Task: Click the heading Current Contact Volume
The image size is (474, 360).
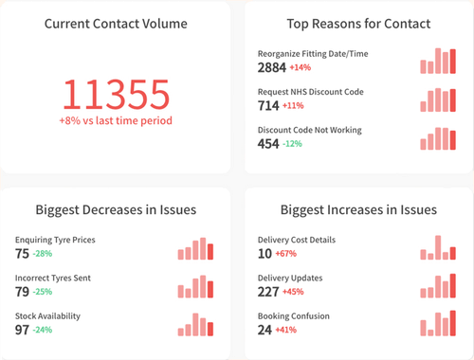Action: click(116, 23)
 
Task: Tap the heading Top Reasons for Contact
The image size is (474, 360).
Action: click(358, 23)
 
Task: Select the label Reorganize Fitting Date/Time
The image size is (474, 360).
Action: click(312, 54)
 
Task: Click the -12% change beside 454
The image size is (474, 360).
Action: click(292, 144)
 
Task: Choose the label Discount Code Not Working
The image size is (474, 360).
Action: click(310, 130)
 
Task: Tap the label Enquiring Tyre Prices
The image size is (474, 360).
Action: click(55, 240)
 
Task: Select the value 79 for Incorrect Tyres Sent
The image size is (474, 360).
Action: click(23, 292)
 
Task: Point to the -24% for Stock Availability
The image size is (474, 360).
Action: click(45, 330)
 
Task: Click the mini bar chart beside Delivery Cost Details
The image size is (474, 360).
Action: click(437, 248)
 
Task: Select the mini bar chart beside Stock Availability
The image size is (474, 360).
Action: click(195, 324)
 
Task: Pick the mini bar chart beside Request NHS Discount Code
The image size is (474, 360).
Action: click(437, 99)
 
